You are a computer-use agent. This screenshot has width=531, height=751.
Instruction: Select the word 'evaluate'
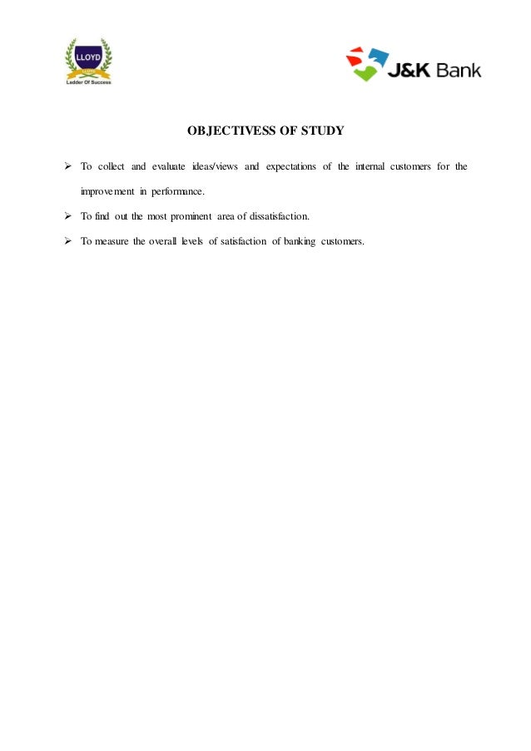pos(171,167)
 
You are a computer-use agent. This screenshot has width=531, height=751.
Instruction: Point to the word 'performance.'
pos(176,192)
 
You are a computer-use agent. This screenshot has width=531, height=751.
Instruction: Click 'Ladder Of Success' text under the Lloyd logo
pos(88,82)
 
